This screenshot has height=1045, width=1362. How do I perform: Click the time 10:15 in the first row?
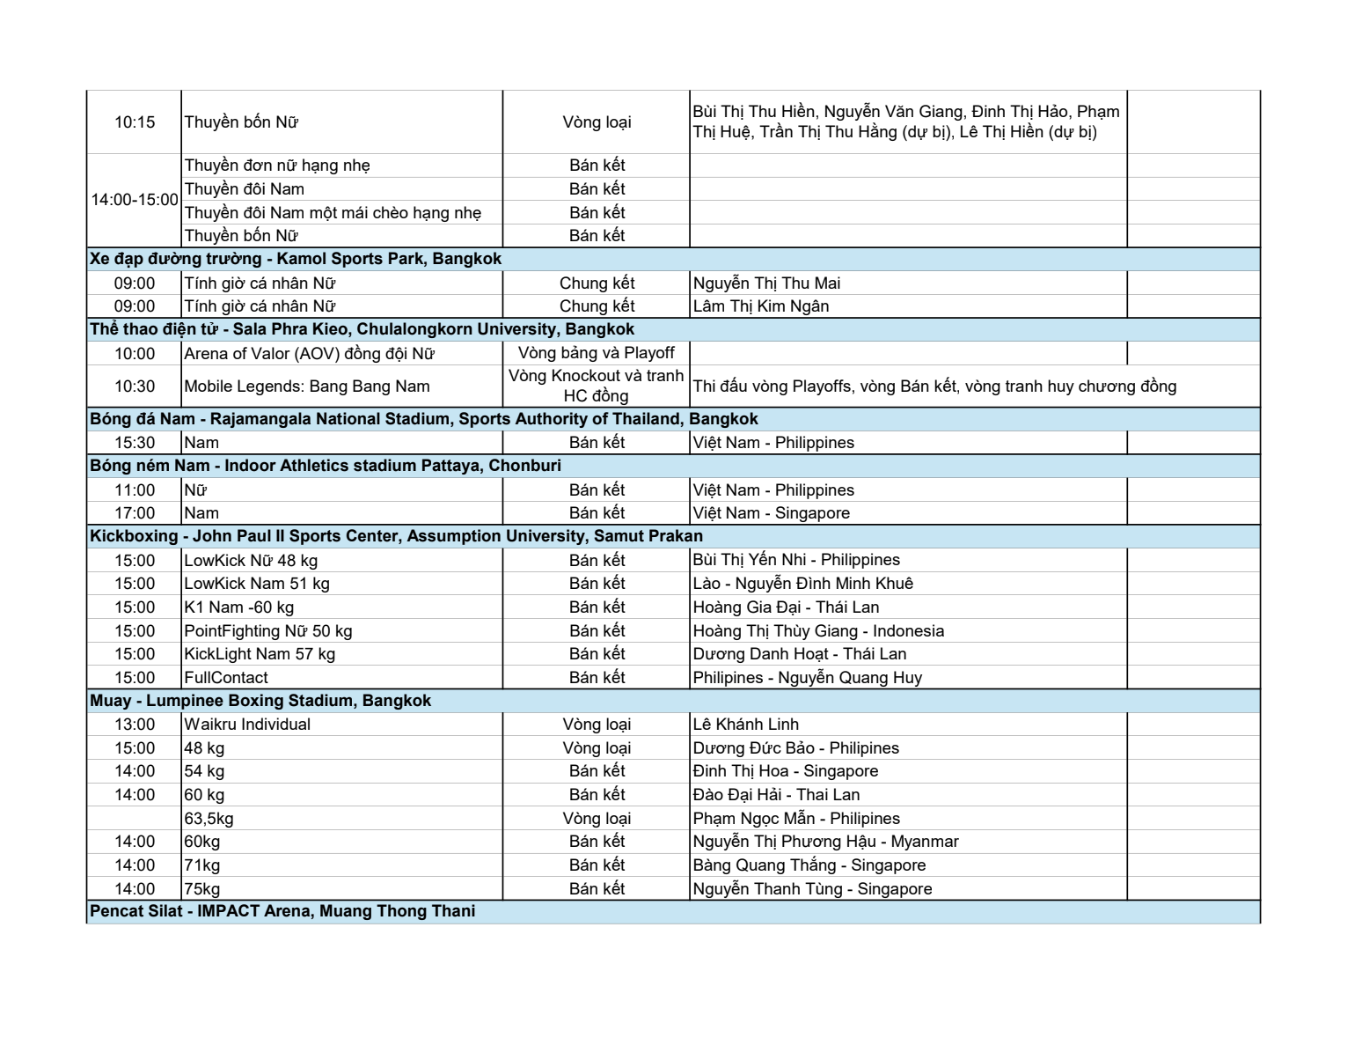(134, 122)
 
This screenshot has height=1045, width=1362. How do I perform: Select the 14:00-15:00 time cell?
(135, 200)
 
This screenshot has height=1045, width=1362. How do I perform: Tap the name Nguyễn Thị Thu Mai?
(766, 283)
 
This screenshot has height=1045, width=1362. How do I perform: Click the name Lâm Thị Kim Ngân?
(760, 306)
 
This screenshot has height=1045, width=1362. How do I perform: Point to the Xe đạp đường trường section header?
(296, 259)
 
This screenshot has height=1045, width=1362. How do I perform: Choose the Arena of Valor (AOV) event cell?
(309, 354)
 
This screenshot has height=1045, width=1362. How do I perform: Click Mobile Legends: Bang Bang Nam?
(306, 386)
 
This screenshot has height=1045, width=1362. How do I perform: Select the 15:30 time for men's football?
(134, 443)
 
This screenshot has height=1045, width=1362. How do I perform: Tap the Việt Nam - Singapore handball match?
(771, 513)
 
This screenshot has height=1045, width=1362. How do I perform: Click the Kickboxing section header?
(396, 536)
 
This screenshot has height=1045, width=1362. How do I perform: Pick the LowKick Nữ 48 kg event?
(251, 561)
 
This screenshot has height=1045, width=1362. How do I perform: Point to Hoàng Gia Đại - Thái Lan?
(786, 607)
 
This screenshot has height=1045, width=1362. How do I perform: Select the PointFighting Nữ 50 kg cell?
(267, 631)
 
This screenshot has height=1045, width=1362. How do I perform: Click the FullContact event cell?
(226, 678)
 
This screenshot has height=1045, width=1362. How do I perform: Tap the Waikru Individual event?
(247, 725)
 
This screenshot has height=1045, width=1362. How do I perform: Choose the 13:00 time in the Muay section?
(134, 725)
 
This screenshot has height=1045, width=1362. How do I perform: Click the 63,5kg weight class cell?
(209, 819)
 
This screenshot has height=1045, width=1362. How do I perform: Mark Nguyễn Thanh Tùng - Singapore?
(812, 889)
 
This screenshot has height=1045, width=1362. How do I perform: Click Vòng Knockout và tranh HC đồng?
(596, 386)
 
